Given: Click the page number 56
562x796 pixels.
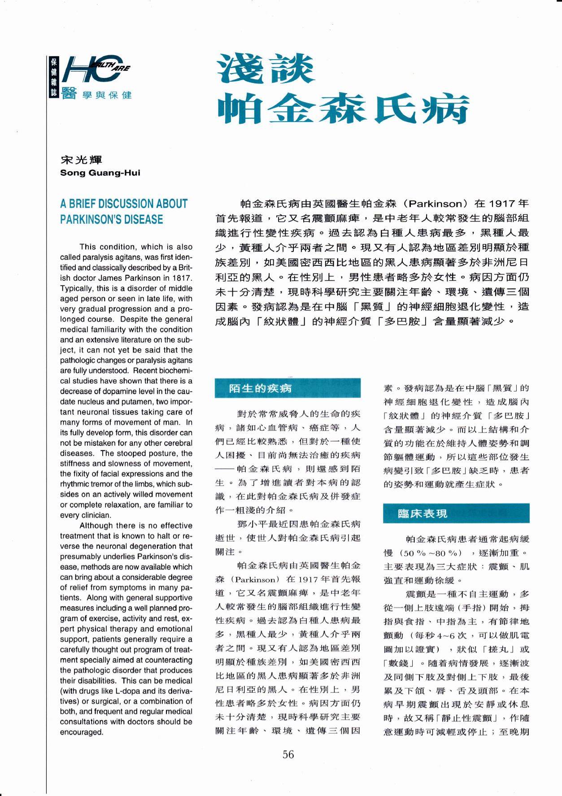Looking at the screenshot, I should (x=288, y=754).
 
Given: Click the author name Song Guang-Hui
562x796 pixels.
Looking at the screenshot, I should (x=100, y=173).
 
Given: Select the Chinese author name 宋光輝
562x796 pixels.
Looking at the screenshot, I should (x=81, y=160).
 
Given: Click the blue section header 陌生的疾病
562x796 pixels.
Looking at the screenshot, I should (x=260, y=388).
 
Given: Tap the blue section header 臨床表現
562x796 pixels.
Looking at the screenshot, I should (x=422, y=513).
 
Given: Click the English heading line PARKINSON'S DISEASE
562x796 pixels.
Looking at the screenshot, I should (x=112, y=219).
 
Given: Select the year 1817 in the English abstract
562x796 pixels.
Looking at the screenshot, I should (x=183, y=278).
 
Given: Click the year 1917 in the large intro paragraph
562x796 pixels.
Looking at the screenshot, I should (x=501, y=203).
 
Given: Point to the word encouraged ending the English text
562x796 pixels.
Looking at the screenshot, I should (x=82, y=732).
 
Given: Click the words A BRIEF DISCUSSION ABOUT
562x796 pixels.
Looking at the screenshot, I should (x=124, y=204).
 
